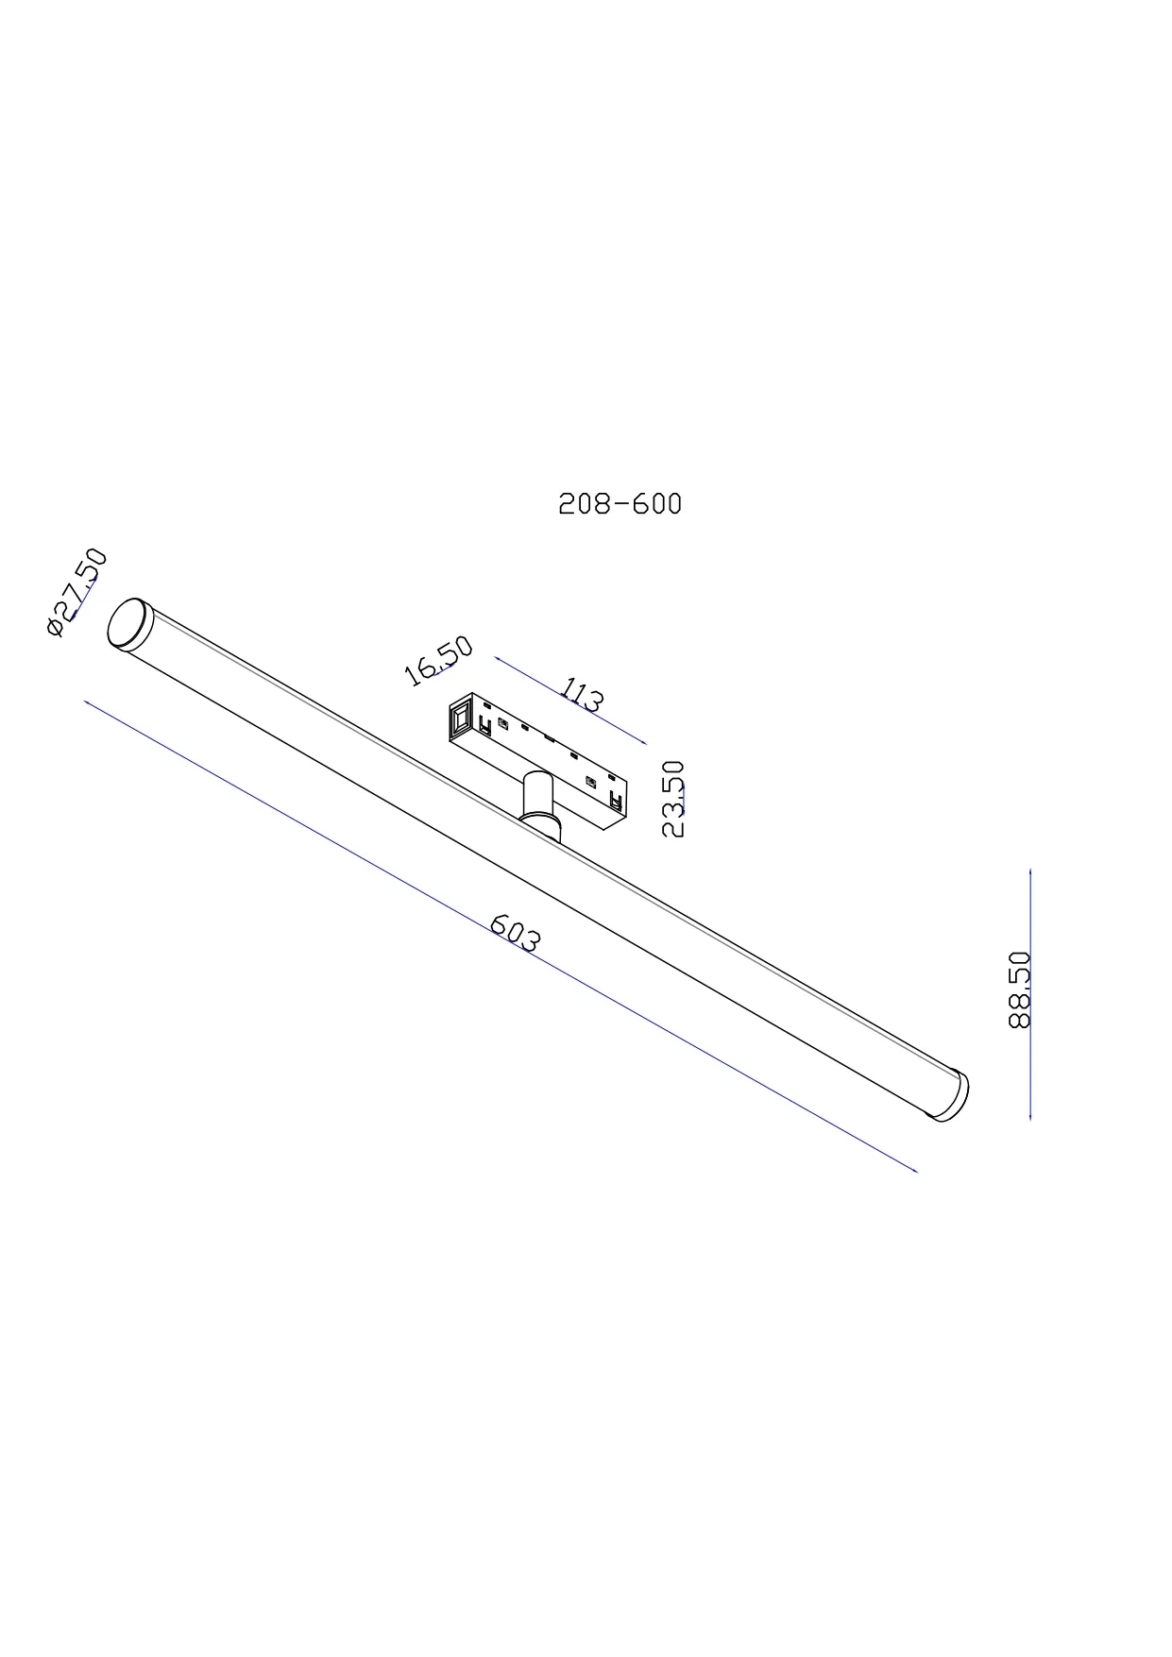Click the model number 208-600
click(x=620, y=503)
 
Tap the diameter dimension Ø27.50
click(x=76, y=592)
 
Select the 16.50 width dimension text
click(x=437, y=660)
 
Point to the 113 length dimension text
click(x=582, y=694)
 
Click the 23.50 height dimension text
click(x=673, y=799)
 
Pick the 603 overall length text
click(x=517, y=934)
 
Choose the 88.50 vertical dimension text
click(x=1020, y=989)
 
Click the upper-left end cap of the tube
click(x=129, y=624)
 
